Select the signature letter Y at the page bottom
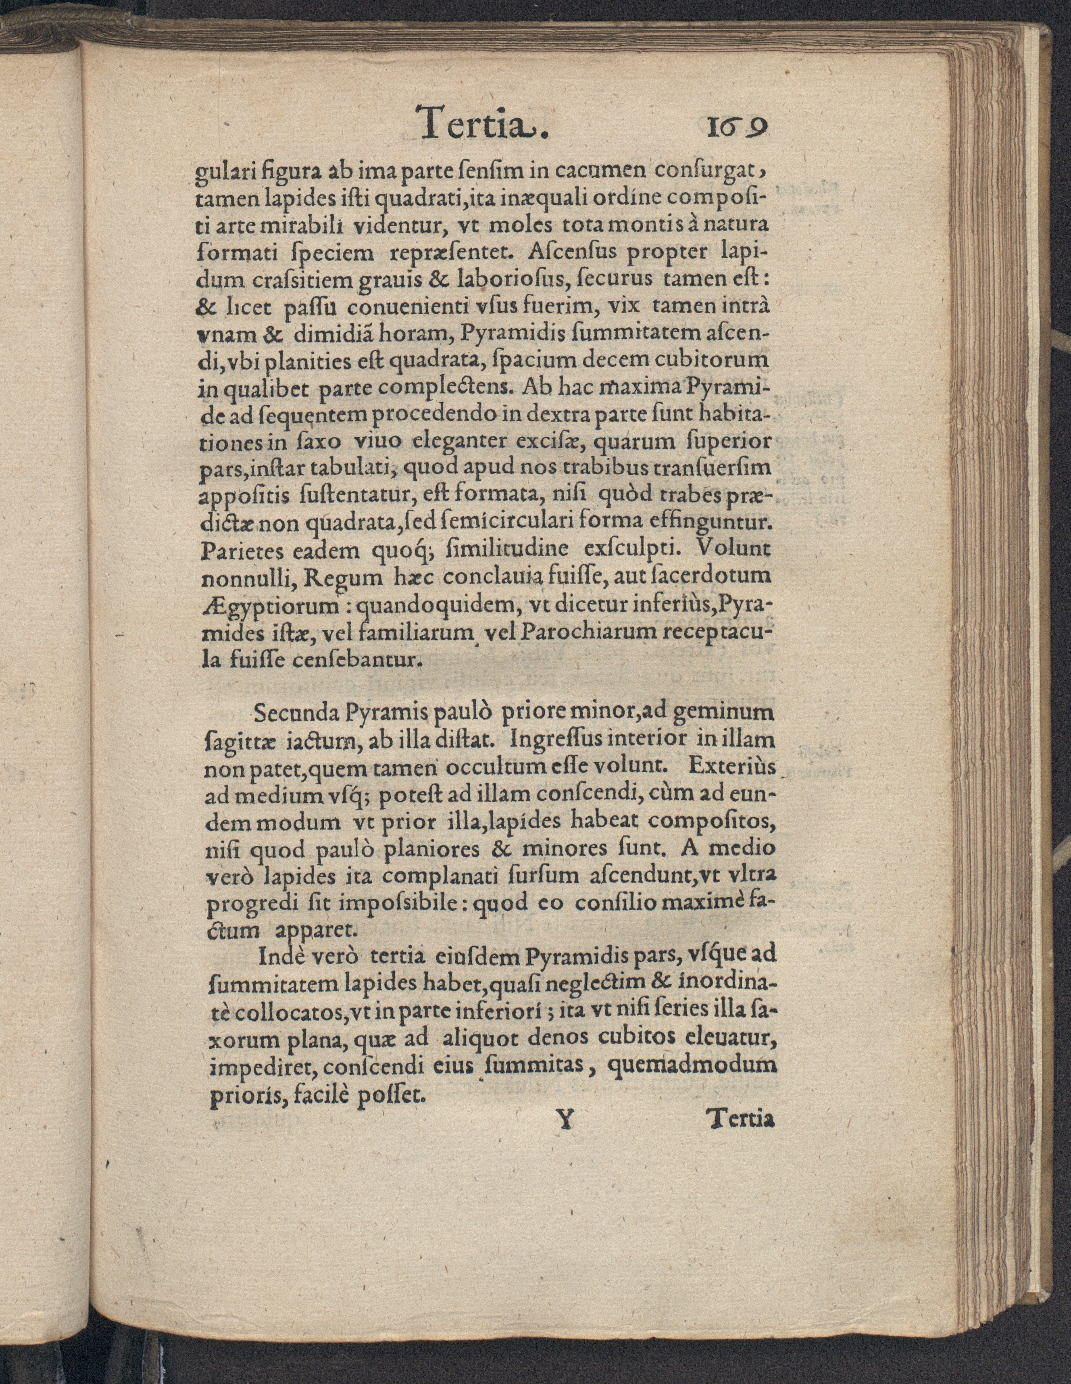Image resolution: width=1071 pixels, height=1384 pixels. coord(564,1138)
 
